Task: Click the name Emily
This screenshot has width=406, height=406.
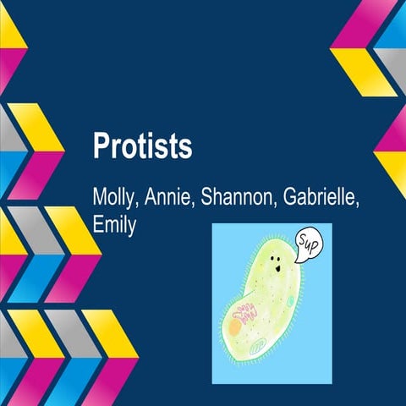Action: click(x=114, y=226)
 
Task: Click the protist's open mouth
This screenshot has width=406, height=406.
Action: click(x=277, y=271)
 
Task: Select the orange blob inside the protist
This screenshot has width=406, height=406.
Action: click(x=233, y=326)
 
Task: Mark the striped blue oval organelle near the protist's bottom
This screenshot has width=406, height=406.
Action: click(x=259, y=345)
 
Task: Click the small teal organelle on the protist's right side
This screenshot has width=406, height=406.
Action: click(x=290, y=301)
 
